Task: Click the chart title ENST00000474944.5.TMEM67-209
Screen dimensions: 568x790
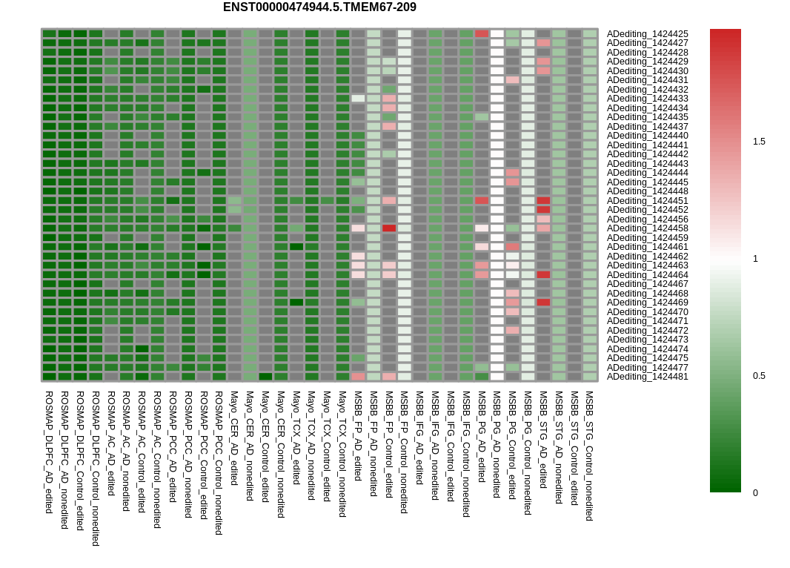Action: (319, 7)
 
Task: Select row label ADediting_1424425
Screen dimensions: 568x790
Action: (647, 34)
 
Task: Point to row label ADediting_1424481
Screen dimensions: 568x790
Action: (647, 377)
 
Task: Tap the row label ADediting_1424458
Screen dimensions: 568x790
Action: (647, 228)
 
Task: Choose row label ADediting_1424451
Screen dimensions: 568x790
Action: (647, 201)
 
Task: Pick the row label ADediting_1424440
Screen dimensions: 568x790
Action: (647, 136)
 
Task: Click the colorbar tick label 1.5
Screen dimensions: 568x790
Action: (759, 142)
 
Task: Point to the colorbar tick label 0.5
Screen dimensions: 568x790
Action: (759, 376)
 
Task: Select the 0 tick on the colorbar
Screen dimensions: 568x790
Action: (756, 493)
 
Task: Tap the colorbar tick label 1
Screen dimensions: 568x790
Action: (756, 259)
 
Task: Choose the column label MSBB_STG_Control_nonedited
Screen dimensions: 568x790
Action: (589, 456)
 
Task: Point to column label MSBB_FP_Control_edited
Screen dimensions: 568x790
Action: (389, 444)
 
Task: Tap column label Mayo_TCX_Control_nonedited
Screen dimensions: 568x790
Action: (342, 454)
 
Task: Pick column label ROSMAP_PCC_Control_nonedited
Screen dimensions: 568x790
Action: (219, 463)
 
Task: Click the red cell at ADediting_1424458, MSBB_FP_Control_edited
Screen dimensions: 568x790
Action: (389, 228)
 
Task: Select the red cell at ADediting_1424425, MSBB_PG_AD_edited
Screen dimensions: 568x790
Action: (482, 33)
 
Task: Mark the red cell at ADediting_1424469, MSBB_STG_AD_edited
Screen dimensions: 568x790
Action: (543, 303)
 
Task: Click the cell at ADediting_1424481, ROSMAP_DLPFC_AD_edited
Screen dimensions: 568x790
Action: (50, 377)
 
